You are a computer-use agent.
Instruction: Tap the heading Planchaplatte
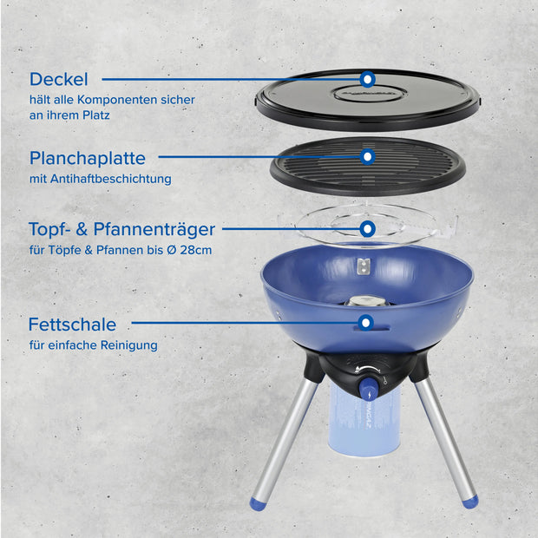87,159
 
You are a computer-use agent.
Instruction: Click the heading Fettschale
72,325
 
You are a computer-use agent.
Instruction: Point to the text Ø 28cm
188,251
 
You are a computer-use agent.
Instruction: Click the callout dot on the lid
368,80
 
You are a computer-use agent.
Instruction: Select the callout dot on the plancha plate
368,157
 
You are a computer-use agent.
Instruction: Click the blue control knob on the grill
369,388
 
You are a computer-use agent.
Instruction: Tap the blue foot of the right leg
469,501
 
